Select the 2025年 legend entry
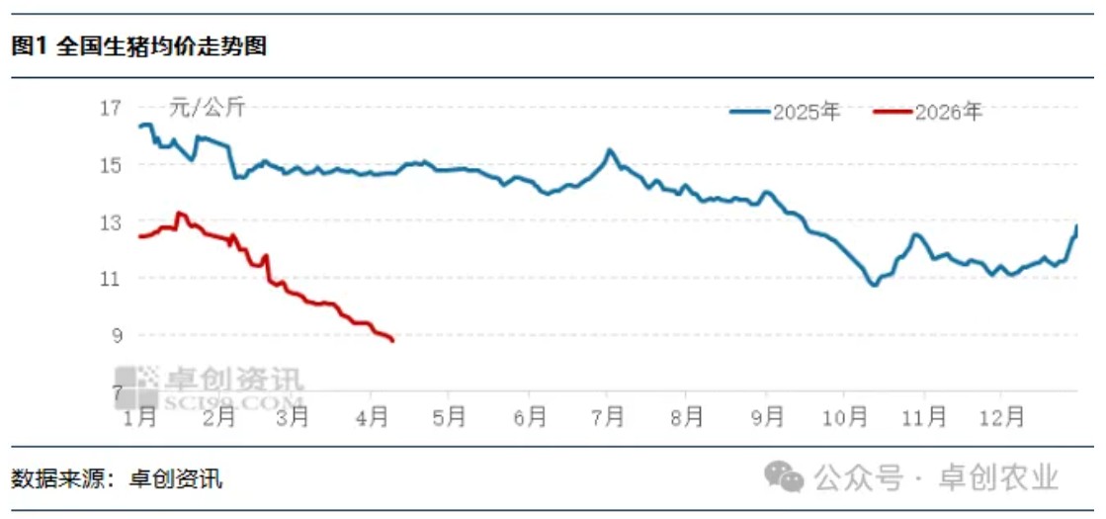click(x=786, y=112)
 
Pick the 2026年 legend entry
click(x=929, y=112)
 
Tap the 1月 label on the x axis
click(x=141, y=417)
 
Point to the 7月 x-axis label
click(x=608, y=417)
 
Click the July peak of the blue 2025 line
click(x=610, y=150)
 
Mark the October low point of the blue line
click(x=873, y=285)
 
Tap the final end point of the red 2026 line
click(x=392, y=340)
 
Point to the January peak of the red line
click(x=179, y=213)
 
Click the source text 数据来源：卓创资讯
click(x=117, y=480)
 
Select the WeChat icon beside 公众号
click(x=785, y=478)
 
